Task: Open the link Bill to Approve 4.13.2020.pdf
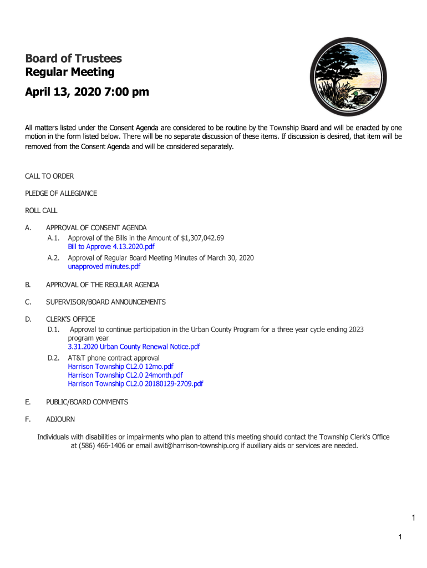111,246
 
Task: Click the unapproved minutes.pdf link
104,266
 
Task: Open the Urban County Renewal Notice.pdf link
134,347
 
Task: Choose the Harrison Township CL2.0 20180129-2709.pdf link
135,383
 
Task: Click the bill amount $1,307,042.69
202,238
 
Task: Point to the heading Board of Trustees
73,58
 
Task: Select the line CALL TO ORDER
49,176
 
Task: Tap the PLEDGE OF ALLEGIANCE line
61,193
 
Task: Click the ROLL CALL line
41,210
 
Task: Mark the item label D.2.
53,358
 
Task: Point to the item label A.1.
53,238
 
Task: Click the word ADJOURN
60,419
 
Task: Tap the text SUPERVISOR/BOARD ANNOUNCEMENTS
106,302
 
